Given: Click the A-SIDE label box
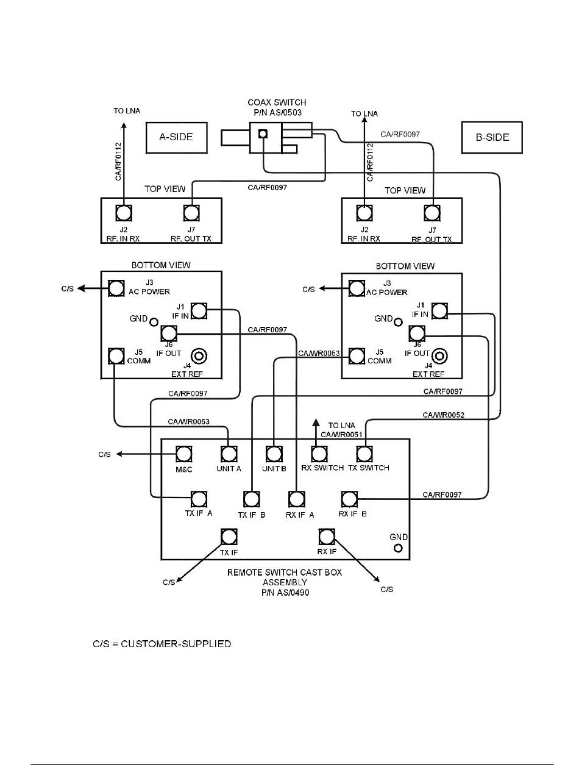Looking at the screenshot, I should [176, 137].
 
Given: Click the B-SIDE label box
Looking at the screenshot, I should [492, 137].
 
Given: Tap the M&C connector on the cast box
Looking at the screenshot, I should [184, 454].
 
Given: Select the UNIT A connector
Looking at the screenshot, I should [229, 454].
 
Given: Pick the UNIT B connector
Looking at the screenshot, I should [274, 454].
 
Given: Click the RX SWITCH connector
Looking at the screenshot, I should [319, 454].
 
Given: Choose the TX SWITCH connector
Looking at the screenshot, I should [364, 454].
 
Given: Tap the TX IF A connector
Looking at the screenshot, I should [199, 499].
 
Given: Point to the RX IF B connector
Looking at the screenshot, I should [349, 499].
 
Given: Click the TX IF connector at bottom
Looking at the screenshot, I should [229, 537].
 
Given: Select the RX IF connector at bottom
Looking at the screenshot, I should [327, 537].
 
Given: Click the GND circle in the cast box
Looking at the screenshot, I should [399, 548].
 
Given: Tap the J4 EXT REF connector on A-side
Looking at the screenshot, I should [199, 355].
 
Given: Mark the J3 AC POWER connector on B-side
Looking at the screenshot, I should [357, 288].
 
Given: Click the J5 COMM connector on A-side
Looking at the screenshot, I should [116, 355].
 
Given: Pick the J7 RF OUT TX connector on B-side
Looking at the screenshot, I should [432, 213].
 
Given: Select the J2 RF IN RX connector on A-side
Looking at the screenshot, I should [124, 213].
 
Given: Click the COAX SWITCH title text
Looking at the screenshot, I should [277, 102].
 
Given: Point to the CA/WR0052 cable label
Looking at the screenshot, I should [444, 415].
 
